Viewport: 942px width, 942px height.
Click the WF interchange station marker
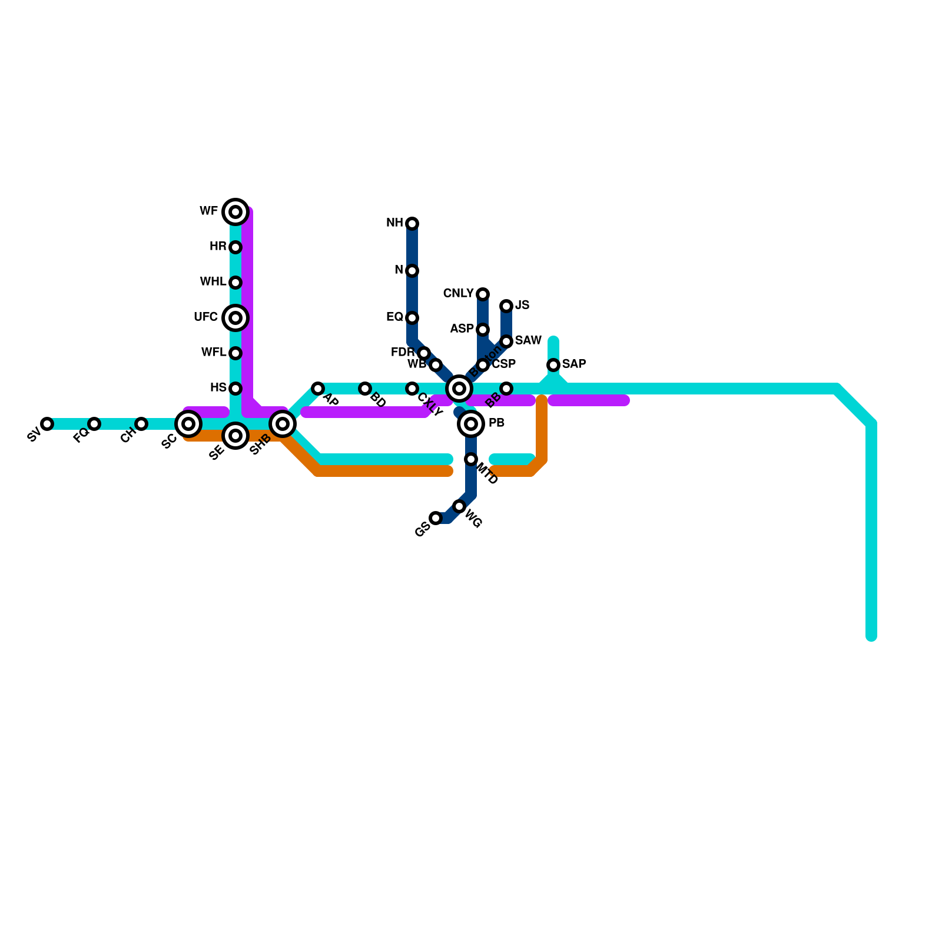point(235,211)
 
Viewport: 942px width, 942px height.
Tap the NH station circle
point(412,223)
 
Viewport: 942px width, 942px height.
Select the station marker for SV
point(47,424)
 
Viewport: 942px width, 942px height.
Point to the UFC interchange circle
point(235,318)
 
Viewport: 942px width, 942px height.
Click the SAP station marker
point(553,365)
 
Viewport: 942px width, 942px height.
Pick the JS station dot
point(506,306)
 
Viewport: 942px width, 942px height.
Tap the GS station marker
point(436,518)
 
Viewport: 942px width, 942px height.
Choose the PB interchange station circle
point(471,424)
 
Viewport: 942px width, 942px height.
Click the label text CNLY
point(458,294)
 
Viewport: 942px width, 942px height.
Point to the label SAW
point(528,341)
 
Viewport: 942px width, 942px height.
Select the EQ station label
point(394,317)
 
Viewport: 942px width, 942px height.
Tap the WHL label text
point(213,282)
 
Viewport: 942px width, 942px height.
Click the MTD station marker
point(471,459)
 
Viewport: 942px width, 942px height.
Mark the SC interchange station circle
point(188,423)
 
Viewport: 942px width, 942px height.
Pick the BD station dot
point(365,389)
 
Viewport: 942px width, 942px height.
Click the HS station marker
point(235,389)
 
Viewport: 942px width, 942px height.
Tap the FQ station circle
point(94,424)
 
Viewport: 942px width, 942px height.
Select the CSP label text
point(504,364)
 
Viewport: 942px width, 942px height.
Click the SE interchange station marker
point(235,436)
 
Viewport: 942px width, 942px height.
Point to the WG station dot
point(459,506)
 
